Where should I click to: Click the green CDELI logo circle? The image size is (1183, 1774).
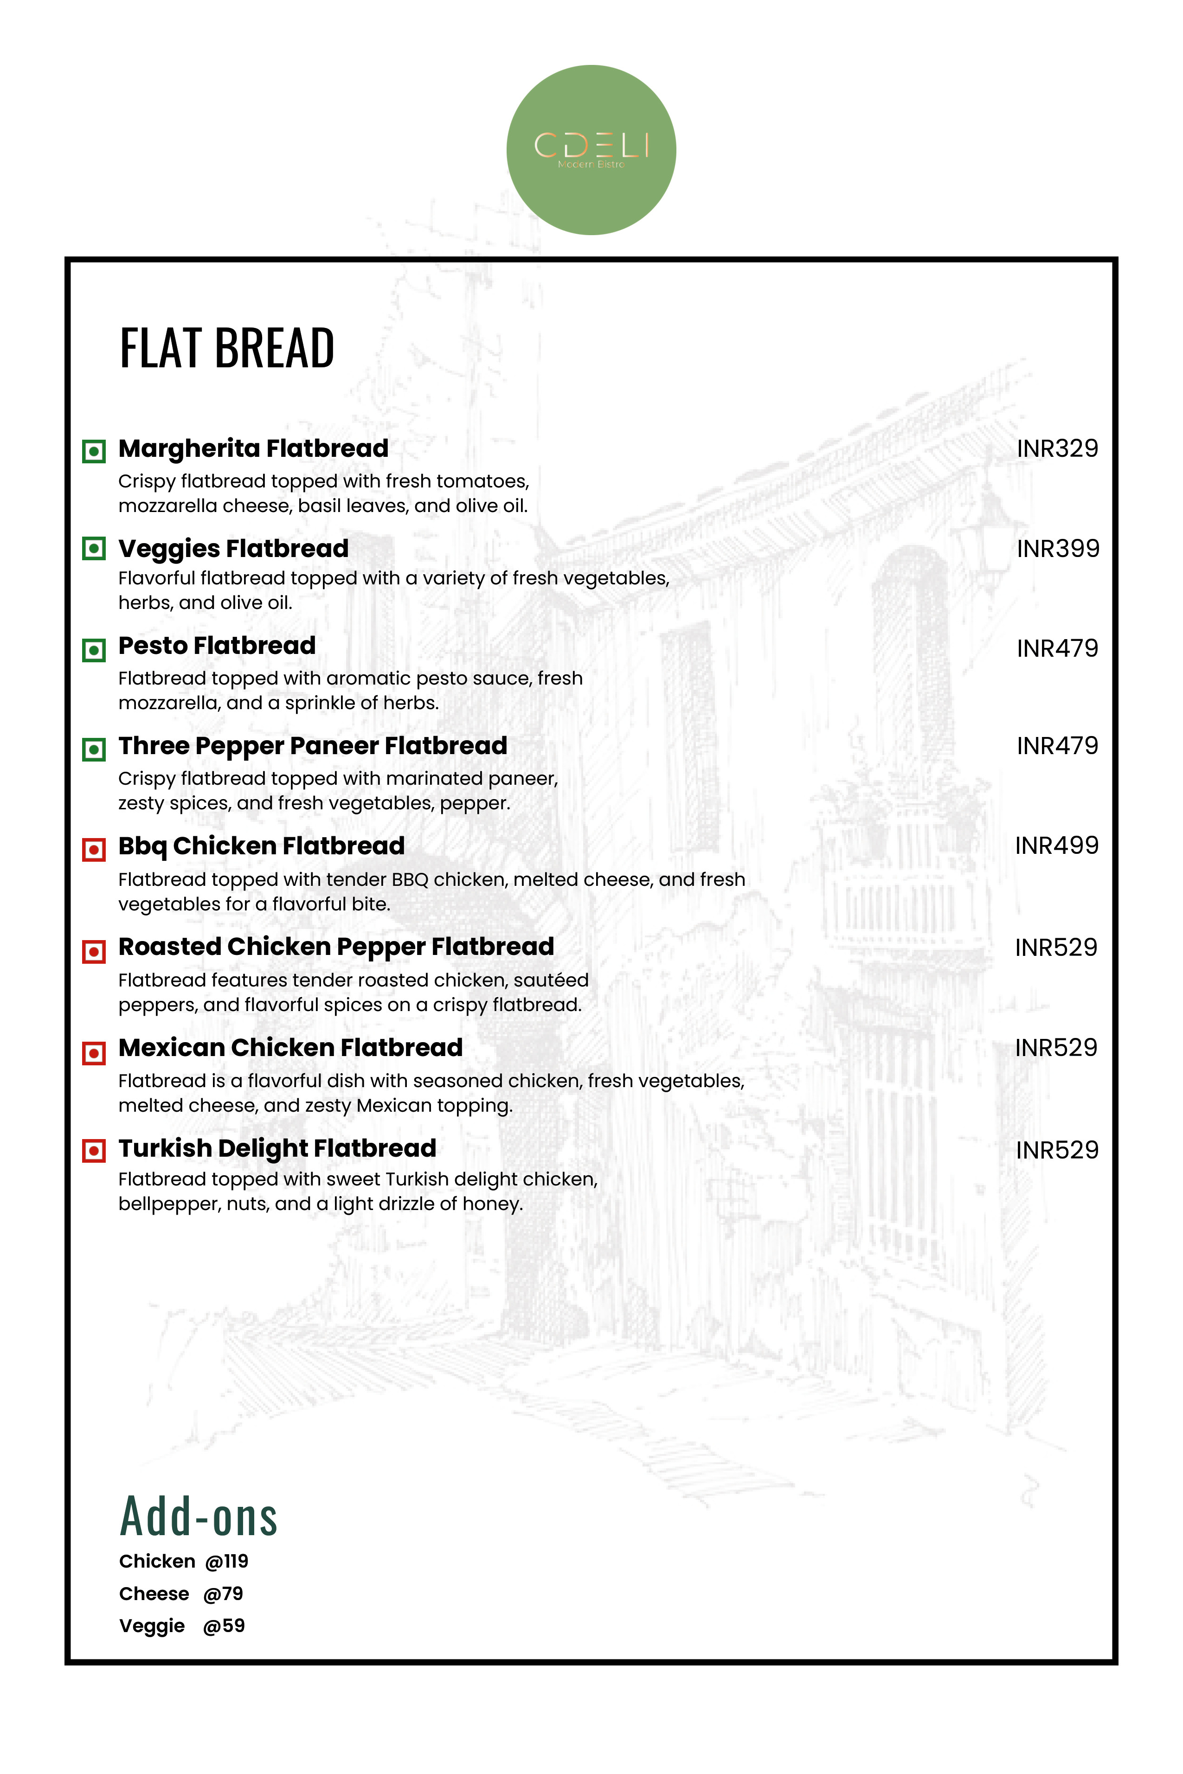pyautogui.click(x=591, y=150)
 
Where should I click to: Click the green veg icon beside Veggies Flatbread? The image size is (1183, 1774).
pyautogui.click(x=94, y=548)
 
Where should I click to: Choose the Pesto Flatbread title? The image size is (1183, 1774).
pyautogui.click(x=217, y=646)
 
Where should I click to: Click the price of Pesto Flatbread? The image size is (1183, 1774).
pyautogui.click(x=1057, y=648)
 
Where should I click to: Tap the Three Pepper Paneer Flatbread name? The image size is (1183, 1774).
pyautogui.click(x=312, y=746)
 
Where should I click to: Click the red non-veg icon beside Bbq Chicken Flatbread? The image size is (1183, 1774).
pyautogui.click(x=94, y=849)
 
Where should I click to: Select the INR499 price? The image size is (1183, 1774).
pyautogui.click(x=1056, y=845)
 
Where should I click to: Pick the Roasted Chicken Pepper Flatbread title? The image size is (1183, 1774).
pyautogui.click(x=336, y=947)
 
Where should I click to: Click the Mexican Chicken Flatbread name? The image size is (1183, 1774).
pyautogui.click(x=290, y=1048)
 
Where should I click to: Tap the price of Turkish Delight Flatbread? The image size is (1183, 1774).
pyautogui.click(x=1057, y=1150)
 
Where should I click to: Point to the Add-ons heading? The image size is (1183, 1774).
pyautogui.click(x=199, y=1517)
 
